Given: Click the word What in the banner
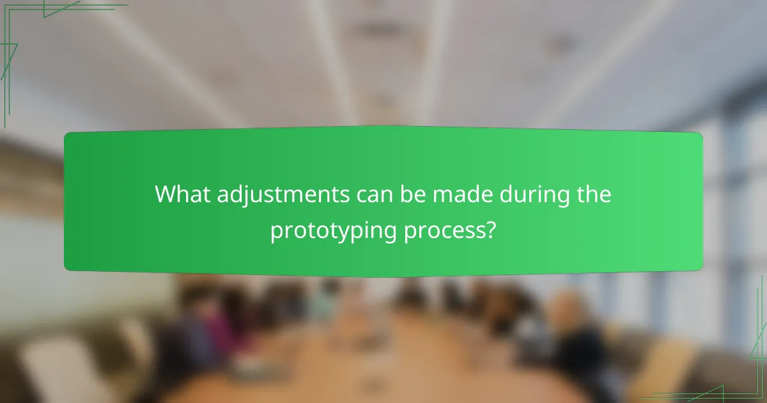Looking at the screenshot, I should pyautogui.click(x=183, y=194).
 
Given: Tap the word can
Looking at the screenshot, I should pyautogui.click(x=373, y=194).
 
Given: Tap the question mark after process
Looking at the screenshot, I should pyautogui.click(x=490, y=230).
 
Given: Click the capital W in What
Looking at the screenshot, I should pyautogui.click(x=166, y=194).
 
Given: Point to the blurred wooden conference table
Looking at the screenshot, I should pyautogui.click(x=383, y=358).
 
